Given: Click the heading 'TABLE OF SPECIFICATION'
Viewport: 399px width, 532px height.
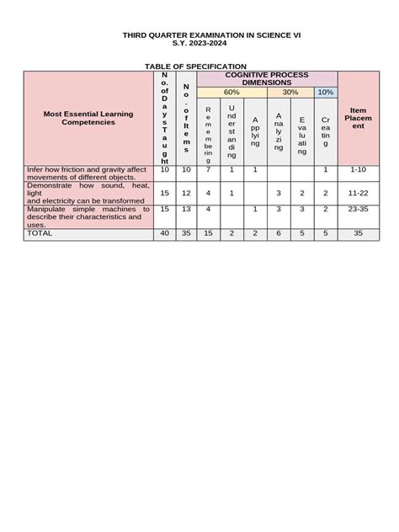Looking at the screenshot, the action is click(x=195, y=66).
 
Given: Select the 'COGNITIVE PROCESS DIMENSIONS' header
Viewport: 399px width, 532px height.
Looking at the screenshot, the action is click(x=266, y=78).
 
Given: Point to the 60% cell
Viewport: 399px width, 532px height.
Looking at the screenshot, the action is click(x=231, y=92).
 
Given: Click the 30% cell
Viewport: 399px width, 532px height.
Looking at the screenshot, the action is click(x=290, y=92).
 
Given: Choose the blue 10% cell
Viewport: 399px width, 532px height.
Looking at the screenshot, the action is click(x=326, y=92).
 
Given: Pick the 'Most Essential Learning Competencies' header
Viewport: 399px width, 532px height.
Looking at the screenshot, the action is click(x=88, y=118).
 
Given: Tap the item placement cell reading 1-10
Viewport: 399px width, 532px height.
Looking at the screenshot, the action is click(x=358, y=170).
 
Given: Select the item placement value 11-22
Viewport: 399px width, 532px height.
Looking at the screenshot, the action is click(x=358, y=193).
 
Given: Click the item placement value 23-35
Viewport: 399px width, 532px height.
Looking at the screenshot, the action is click(x=358, y=209).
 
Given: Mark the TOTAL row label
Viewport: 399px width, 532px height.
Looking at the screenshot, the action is click(x=40, y=234).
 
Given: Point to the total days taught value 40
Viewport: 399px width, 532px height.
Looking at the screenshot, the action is click(x=165, y=234).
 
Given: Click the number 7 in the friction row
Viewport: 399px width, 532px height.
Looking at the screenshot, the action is click(x=208, y=170).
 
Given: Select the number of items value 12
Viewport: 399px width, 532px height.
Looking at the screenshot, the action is click(x=186, y=193).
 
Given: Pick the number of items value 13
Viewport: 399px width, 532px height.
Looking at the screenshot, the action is click(x=186, y=209).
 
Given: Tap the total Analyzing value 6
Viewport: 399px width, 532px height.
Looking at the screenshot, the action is click(x=279, y=234).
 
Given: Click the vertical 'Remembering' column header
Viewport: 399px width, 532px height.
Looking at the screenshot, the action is click(x=208, y=135).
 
